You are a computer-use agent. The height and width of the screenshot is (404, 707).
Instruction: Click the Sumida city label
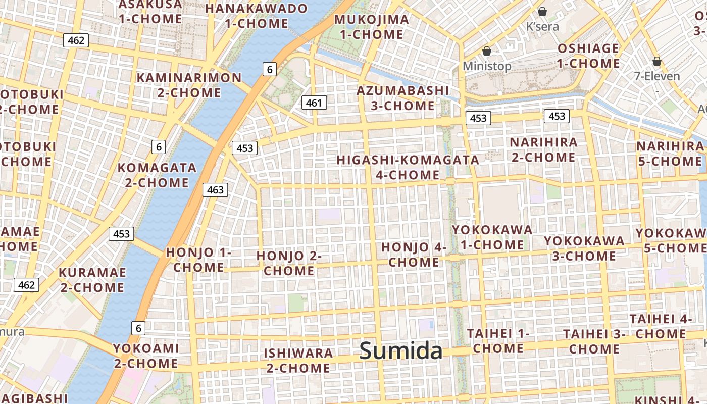click(x=401, y=350)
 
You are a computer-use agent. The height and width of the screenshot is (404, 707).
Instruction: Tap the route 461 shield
click(x=314, y=103)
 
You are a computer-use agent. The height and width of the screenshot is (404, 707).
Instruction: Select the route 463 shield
click(x=215, y=190)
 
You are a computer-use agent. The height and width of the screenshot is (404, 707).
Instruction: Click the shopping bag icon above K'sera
click(x=542, y=12)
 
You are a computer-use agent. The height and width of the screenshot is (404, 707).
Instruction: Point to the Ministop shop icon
click(x=487, y=51)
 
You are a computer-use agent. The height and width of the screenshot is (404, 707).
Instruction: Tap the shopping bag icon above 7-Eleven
click(x=656, y=62)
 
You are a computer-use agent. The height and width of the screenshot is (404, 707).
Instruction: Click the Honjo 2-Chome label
click(x=289, y=263)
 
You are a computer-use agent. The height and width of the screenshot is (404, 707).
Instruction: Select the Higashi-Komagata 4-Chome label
click(x=408, y=167)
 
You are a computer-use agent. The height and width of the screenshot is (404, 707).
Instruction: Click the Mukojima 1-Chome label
click(x=372, y=27)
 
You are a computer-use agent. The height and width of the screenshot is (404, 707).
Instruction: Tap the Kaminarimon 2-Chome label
click(x=189, y=85)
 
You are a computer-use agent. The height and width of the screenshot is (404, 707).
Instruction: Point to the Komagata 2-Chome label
click(x=157, y=175)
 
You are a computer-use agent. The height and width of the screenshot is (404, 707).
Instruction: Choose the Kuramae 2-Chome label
click(x=91, y=280)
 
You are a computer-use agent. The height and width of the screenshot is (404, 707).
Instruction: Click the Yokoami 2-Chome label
click(x=145, y=356)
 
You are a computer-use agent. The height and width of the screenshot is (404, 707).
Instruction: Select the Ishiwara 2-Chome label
click(x=298, y=360)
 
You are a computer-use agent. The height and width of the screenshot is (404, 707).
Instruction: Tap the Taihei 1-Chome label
click(x=498, y=341)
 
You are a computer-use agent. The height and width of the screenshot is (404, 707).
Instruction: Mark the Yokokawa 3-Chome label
click(x=584, y=248)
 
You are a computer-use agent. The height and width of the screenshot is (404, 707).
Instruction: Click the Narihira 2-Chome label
click(x=543, y=149)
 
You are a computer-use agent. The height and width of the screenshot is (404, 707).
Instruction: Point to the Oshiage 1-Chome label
click(x=588, y=56)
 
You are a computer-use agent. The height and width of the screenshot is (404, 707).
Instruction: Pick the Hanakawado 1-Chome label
click(x=256, y=16)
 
